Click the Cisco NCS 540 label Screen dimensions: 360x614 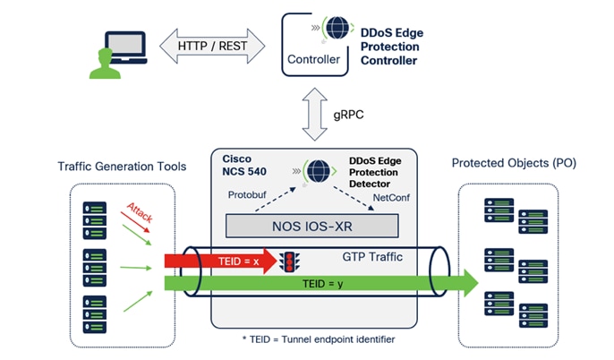tap(243, 162)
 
